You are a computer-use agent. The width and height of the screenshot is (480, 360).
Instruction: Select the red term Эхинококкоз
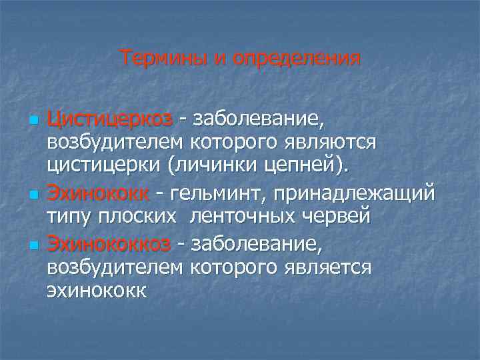click(x=109, y=245)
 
